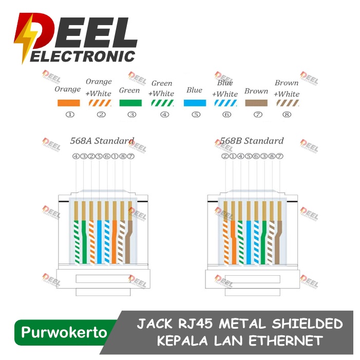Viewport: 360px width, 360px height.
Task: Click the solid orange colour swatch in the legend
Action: click(69, 103)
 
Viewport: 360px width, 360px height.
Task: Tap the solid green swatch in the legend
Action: click(130, 103)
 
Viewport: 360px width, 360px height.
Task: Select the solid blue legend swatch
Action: click(195, 103)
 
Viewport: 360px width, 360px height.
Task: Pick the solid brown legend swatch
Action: click(256, 103)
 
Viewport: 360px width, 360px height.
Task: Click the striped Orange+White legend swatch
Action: click(100, 103)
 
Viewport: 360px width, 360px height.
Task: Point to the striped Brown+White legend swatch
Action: click(288, 103)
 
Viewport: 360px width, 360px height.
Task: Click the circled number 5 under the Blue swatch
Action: click(196, 115)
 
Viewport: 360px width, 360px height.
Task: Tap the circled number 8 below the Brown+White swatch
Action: click(287, 115)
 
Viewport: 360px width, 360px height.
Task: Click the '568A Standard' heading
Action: click(102, 141)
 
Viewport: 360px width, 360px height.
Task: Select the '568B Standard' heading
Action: click(252, 141)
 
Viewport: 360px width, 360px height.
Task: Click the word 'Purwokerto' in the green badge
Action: click(64, 332)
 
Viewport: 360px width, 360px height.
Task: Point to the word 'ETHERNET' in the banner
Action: click(286, 340)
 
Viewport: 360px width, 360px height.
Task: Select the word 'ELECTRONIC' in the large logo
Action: click(83, 56)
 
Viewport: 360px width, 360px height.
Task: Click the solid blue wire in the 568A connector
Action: click(99, 242)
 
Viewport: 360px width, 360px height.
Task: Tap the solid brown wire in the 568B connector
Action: click(278, 242)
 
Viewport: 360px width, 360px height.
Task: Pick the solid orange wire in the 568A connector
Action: click(115, 242)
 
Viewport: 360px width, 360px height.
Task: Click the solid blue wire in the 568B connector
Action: click(249, 242)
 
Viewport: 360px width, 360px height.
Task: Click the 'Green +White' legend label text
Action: click(161, 88)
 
